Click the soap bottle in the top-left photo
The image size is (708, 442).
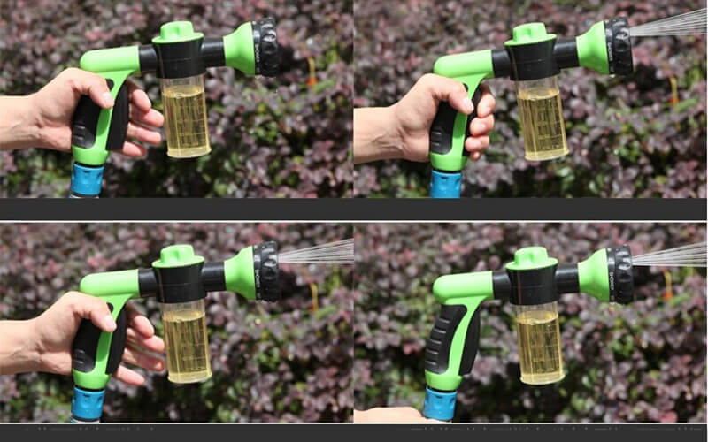tap(187, 119)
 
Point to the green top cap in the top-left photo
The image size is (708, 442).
tap(178, 31)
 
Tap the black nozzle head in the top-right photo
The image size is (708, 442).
tap(619, 46)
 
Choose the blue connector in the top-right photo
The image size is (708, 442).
tap(446, 184)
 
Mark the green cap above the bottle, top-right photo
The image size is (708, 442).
tap(531, 33)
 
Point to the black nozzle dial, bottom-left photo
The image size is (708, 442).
tap(266, 271)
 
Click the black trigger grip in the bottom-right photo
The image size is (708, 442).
tap(442, 340)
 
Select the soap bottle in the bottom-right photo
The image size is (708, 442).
tap(539, 344)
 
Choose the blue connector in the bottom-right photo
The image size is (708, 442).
tap(439, 404)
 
